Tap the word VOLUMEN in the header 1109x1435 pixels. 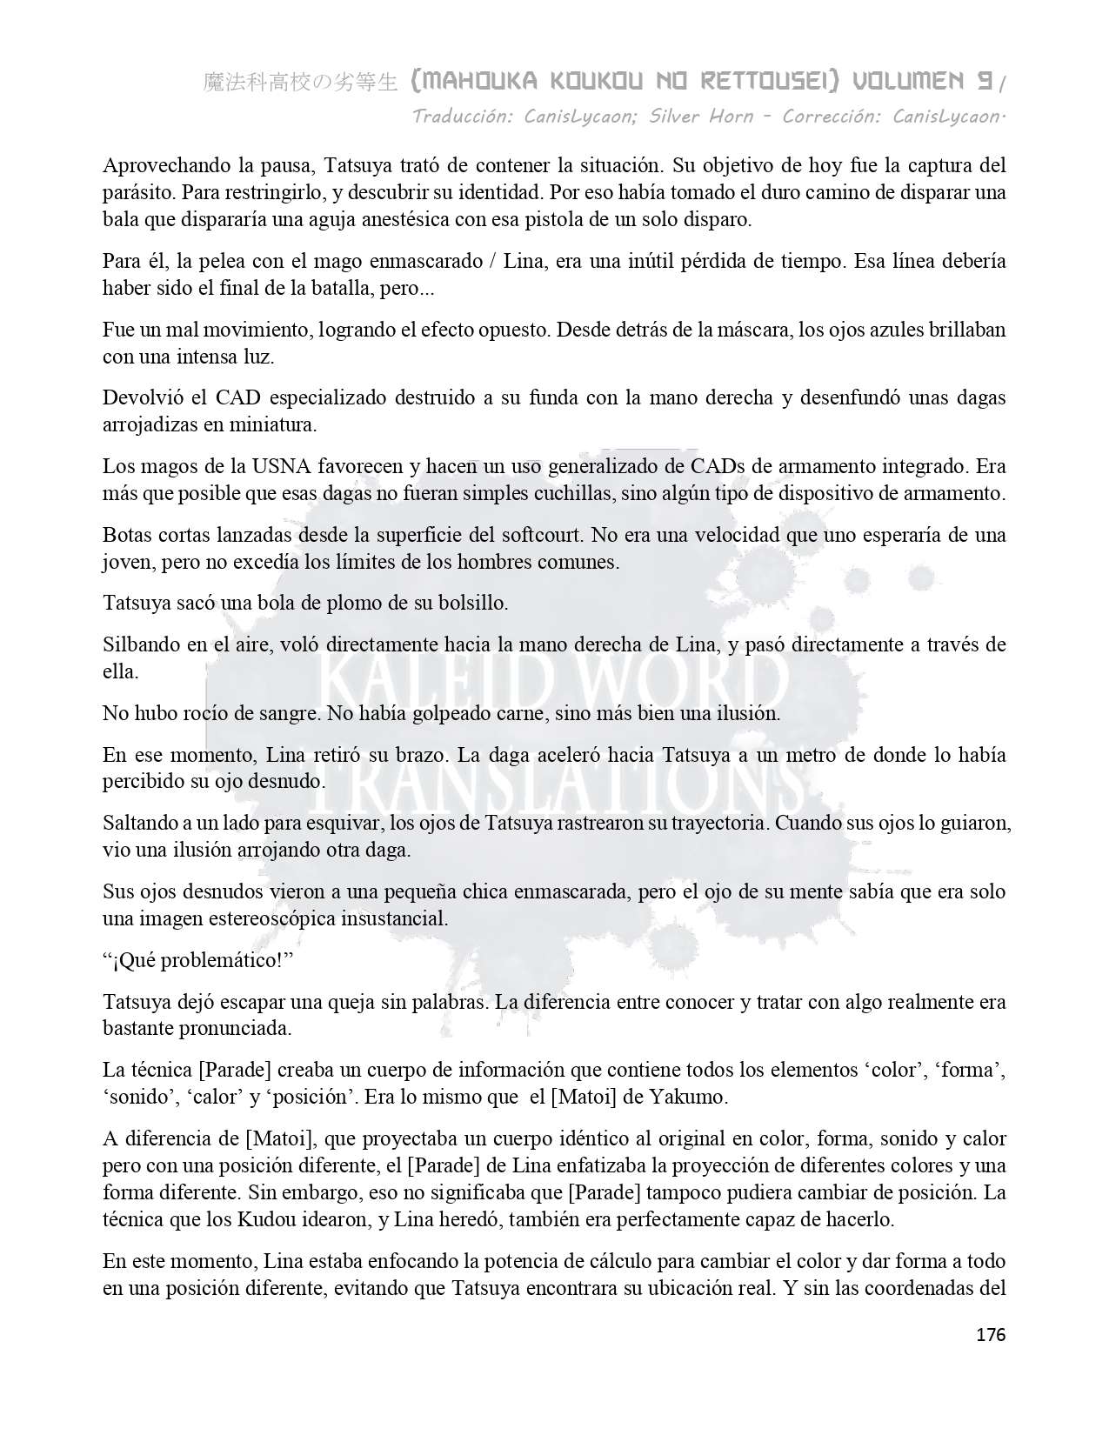point(907,82)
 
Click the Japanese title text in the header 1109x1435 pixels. point(300,83)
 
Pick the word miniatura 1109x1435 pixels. point(266,425)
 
